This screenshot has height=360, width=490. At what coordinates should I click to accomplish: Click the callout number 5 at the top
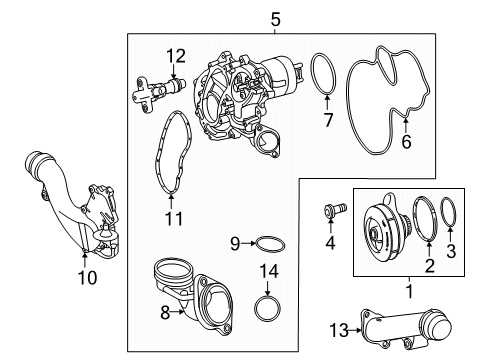tap(275, 19)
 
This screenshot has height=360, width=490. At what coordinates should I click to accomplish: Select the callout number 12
tap(176, 56)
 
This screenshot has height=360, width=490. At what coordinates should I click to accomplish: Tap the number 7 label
tap(328, 120)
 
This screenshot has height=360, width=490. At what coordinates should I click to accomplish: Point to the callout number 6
tap(406, 141)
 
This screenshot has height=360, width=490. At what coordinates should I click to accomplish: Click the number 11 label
tap(174, 219)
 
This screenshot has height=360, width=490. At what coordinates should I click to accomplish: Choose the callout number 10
tap(87, 277)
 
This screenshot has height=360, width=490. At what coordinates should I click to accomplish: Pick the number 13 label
tap(339, 330)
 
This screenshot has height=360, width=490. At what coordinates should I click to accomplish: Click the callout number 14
tap(269, 271)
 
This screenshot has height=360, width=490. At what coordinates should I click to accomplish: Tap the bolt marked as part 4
tap(335, 210)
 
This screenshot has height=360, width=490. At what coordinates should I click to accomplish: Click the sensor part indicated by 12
tap(158, 92)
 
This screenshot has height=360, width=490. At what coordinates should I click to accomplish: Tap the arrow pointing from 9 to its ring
tap(248, 244)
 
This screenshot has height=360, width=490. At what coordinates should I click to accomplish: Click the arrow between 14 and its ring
tap(268, 288)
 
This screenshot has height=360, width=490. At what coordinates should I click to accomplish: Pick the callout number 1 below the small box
tap(410, 291)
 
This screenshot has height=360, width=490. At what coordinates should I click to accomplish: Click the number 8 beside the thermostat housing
tap(165, 313)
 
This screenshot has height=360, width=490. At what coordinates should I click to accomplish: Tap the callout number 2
tap(429, 266)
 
